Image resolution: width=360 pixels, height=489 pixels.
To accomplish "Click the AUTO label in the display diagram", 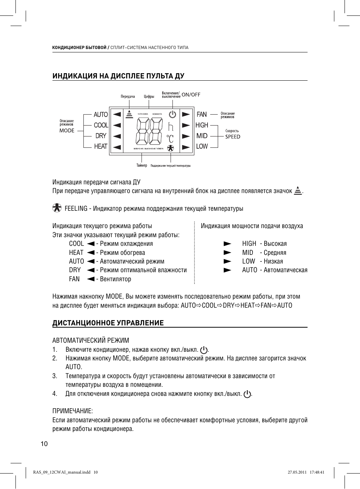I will (x=101, y=115).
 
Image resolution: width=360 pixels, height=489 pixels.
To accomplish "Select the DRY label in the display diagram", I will (x=101, y=136).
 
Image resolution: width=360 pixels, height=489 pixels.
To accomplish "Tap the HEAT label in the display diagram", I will (x=101, y=146).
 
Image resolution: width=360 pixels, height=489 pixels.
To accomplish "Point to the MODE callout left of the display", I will (x=67, y=130).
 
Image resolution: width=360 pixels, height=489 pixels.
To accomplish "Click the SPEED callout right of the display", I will (x=232, y=136).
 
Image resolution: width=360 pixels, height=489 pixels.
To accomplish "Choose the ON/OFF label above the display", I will (x=191, y=95).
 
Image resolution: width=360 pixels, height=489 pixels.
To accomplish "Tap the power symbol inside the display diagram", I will (x=172, y=115).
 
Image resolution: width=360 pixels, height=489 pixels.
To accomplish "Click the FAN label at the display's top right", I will (x=202, y=114).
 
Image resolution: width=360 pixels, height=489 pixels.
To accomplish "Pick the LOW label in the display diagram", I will (x=202, y=146).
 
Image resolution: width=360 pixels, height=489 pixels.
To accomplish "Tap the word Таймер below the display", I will (x=142, y=166).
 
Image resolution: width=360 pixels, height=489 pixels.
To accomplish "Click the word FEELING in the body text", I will (x=76, y=208).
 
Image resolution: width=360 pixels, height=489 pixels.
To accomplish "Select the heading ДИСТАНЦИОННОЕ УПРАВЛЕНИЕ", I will (x=108, y=323).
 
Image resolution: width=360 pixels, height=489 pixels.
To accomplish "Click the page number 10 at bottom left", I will (x=44, y=444).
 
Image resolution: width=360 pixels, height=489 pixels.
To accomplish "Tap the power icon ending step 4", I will (x=247, y=394).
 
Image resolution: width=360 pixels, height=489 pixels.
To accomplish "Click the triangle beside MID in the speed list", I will (x=227, y=253).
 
